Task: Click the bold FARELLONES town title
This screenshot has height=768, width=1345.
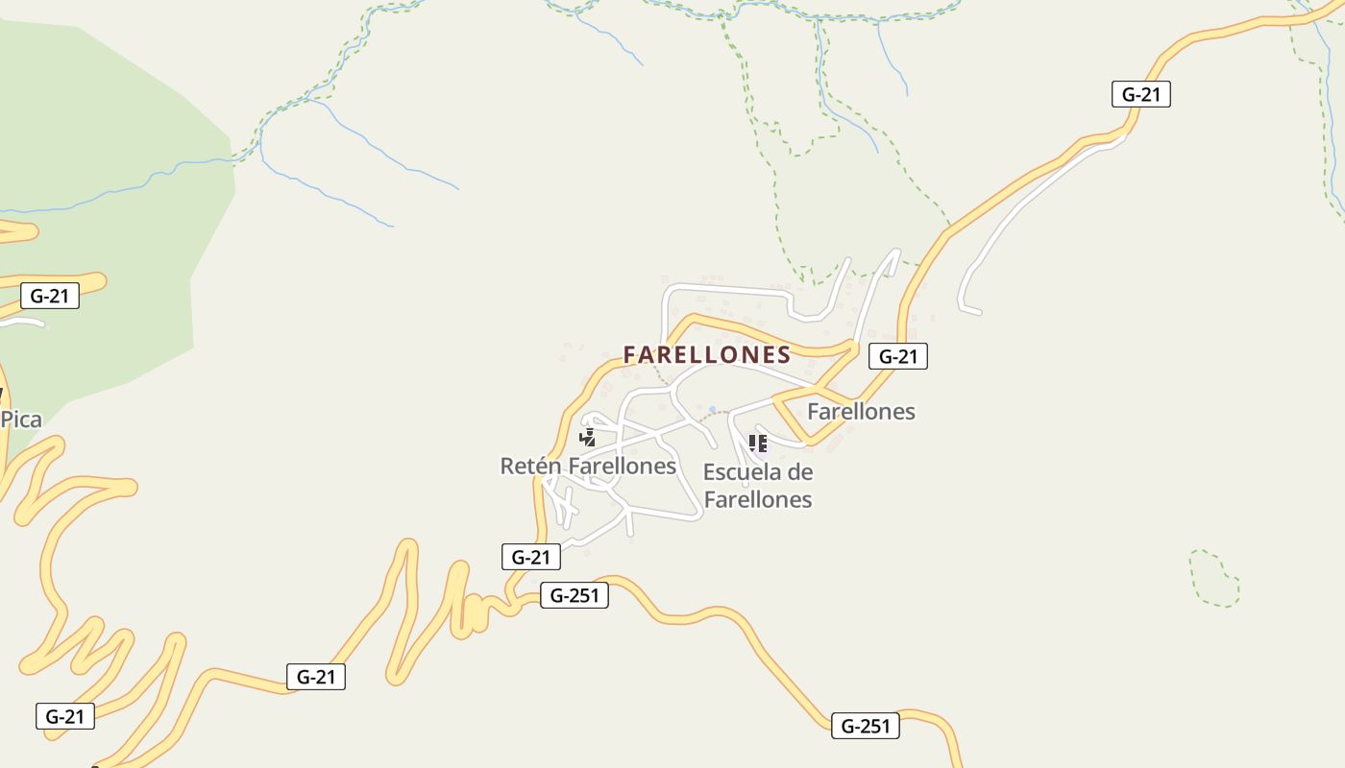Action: point(707,355)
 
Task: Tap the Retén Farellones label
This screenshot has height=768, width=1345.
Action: point(588,467)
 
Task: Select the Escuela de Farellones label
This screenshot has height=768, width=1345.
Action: point(758,486)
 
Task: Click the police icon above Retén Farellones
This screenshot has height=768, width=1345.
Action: point(587,438)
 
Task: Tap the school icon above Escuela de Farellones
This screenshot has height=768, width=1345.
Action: point(758,444)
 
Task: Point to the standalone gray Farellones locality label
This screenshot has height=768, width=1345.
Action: point(861,412)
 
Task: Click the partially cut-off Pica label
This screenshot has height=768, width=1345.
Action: point(20,420)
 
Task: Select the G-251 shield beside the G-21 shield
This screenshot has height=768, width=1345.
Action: point(575,595)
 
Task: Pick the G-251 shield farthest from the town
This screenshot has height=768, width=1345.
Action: point(866,727)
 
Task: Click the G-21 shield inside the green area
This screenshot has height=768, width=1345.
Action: point(50,296)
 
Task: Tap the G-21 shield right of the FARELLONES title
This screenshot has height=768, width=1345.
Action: point(898,357)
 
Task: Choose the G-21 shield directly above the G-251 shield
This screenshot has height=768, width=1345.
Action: point(531,557)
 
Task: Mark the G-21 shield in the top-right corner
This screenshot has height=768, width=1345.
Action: point(1141,94)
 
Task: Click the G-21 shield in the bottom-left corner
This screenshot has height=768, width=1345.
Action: point(65,716)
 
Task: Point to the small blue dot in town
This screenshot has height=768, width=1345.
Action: point(712,410)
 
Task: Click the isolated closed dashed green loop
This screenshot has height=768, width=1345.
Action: point(1214,578)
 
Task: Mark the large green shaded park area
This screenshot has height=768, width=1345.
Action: point(106,192)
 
